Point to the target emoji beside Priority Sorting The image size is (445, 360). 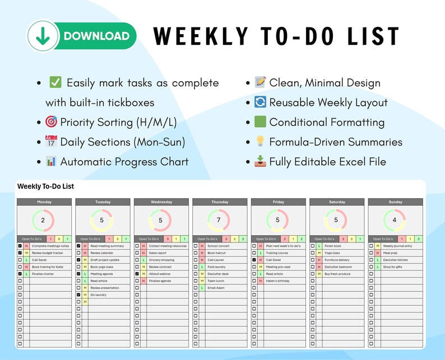tap(52, 122)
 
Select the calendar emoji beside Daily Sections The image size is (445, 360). tap(52, 142)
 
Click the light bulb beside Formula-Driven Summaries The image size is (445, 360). tap(260, 142)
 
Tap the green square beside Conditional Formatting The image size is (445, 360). tap(260, 122)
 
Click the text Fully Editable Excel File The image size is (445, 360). tap(327, 162)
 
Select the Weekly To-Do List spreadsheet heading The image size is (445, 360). tap(45, 186)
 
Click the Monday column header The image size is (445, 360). tap(44, 202)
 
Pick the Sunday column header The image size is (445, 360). tap(395, 202)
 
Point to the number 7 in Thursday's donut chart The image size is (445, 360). tap(219, 220)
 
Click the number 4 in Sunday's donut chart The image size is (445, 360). tap(395, 220)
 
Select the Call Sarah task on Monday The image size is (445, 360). tap(40, 260)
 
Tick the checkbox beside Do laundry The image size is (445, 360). tap(78, 294)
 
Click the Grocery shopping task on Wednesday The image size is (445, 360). tap(161, 260)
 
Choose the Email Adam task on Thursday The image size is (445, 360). tap(216, 288)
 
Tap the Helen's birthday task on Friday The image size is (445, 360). tap(277, 280)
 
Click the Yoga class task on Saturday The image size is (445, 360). tap(332, 253)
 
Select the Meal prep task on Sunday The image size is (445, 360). tap(390, 253)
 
